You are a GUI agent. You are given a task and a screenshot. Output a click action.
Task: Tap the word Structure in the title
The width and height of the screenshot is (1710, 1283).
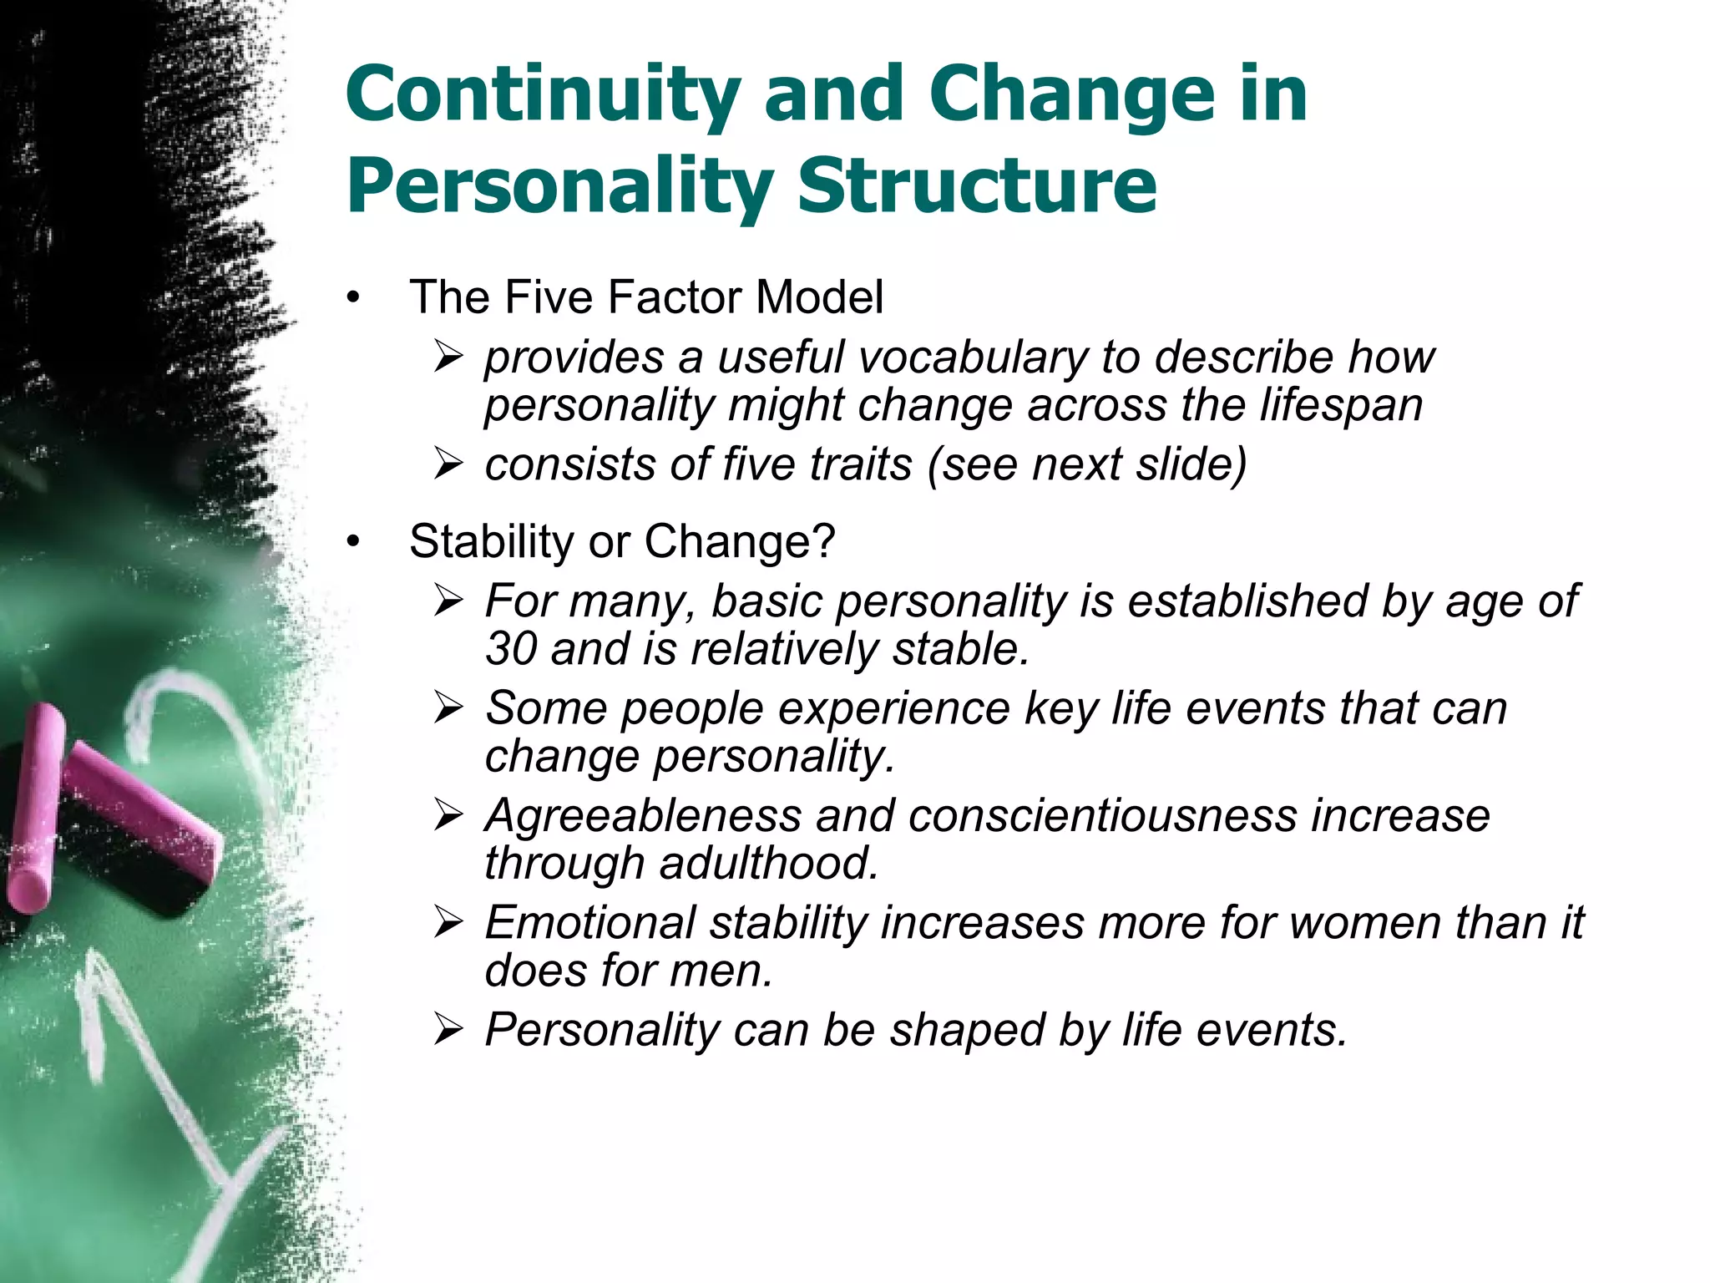[977, 185]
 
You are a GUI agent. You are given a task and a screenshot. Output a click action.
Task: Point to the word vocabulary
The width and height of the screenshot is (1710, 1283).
[973, 358]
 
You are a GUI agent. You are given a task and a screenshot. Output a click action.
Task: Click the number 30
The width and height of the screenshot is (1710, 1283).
[511, 649]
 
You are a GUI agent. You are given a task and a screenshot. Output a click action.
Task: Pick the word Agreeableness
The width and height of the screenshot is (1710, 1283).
[643, 815]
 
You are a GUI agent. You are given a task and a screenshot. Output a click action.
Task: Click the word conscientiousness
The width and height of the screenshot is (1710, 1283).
[1102, 815]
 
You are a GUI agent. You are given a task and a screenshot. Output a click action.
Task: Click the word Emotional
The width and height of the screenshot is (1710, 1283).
[589, 923]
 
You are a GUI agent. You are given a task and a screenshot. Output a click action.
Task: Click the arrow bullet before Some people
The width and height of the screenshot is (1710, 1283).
[448, 709]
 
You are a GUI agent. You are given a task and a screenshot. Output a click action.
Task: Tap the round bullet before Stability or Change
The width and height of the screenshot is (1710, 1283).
[353, 542]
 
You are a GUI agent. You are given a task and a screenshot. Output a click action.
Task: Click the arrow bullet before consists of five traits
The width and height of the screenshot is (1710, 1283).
[448, 465]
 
